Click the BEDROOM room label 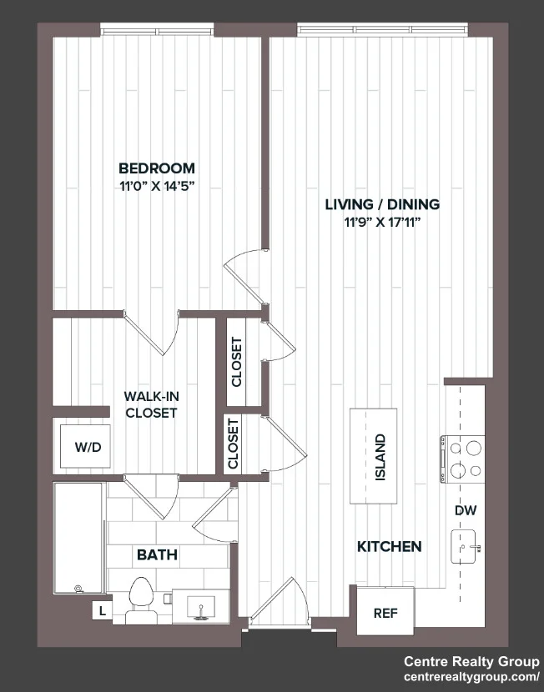[x=157, y=168]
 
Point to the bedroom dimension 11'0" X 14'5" [x=157, y=187]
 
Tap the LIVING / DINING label [x=382, y=204]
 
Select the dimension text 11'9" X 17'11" [x=382, y=223]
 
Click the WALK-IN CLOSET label [x=151, y=404]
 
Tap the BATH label [x=157, y=554]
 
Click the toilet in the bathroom [x=141, y=600]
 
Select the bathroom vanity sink [x=201, y=607]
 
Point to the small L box [x=103, y=611]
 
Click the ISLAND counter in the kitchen [x=373, y=456]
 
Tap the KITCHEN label [x=389, y=546]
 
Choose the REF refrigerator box [x=385, y=611]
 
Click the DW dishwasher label [x=466, y=510]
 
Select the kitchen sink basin [x=463, y=546]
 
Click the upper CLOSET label [x=237, y=362]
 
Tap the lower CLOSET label [x=233, y=444]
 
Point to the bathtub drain [x=78, y=589]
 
